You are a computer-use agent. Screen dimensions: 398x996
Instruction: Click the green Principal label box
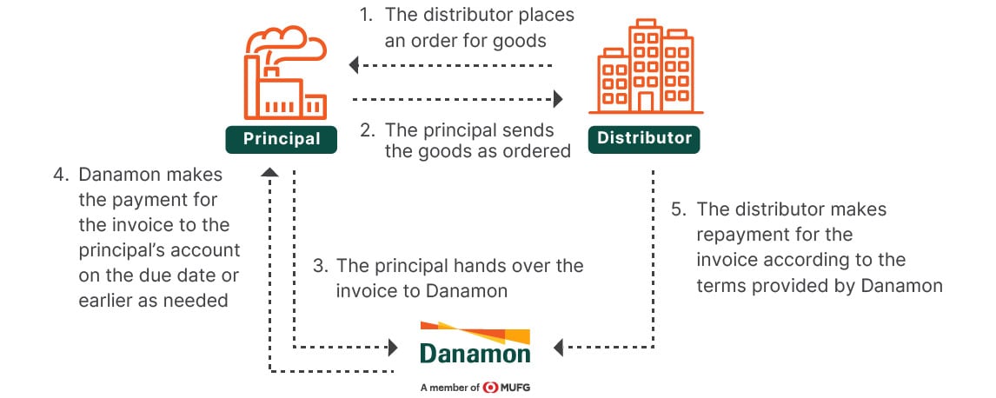pos(282,138)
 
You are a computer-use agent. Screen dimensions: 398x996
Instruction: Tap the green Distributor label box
pos(644,138)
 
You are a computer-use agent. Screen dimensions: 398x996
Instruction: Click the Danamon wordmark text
pos(475,354)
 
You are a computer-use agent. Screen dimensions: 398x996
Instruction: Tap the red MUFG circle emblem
pos(491,387)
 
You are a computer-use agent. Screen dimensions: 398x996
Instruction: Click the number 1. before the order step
pos(367,16)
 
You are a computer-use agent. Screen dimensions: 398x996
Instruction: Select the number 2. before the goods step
pos(367,130)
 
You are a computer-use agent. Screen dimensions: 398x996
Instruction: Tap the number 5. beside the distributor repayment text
pos(678,209)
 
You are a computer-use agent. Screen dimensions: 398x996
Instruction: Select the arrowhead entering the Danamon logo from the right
pos(559,348)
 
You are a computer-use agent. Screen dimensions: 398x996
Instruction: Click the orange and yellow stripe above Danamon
pos(475,331)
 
